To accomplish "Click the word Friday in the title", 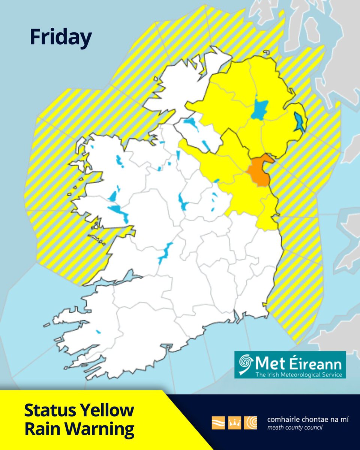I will tap(60, 38).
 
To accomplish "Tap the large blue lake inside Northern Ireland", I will tap(259, 109).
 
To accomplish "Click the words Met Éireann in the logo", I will tap(298, 363).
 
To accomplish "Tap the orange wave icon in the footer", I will tap(218, 422).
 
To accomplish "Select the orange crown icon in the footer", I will tap(234, 422).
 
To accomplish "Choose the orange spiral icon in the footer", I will tap(250, 422).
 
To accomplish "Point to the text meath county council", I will tap(294, 427).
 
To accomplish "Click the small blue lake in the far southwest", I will tap(99, 331).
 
